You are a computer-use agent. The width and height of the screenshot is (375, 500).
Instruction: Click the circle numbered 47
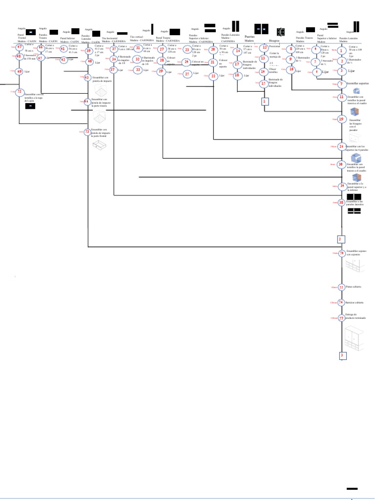click(20, 47)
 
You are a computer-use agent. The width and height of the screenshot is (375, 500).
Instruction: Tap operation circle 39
click(88, 51)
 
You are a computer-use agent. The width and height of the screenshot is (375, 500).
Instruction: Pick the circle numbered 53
click(87, 131)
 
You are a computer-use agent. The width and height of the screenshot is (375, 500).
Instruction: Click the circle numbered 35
click(114, 49)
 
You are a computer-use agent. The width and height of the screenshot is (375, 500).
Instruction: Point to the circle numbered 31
click(138, 48)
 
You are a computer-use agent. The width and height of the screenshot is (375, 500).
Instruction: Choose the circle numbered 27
click(162, 49)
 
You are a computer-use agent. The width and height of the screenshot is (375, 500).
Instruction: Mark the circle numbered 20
click(213, 49)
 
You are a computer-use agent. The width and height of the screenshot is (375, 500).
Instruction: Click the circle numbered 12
click(265, 47)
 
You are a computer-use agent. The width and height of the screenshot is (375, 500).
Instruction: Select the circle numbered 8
click(291, 49)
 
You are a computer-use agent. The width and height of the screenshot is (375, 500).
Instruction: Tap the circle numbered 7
click(341, 84)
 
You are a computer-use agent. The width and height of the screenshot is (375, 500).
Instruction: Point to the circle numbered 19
click(341, 119)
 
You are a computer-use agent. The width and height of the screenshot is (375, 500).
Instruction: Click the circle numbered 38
click(341, 202)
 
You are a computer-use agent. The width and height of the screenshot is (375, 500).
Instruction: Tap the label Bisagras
click(274, 41)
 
